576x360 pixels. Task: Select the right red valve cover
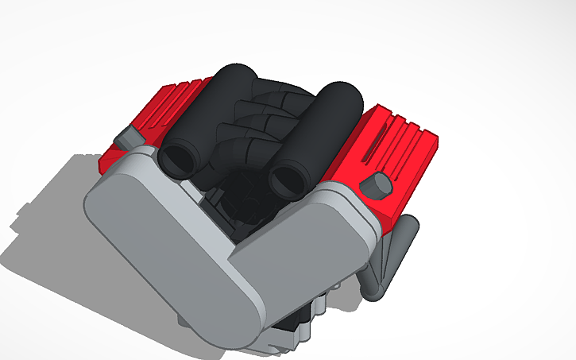point(397,143)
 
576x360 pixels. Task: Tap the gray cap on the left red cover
point(126,137)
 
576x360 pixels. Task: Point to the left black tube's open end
point(176,159)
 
